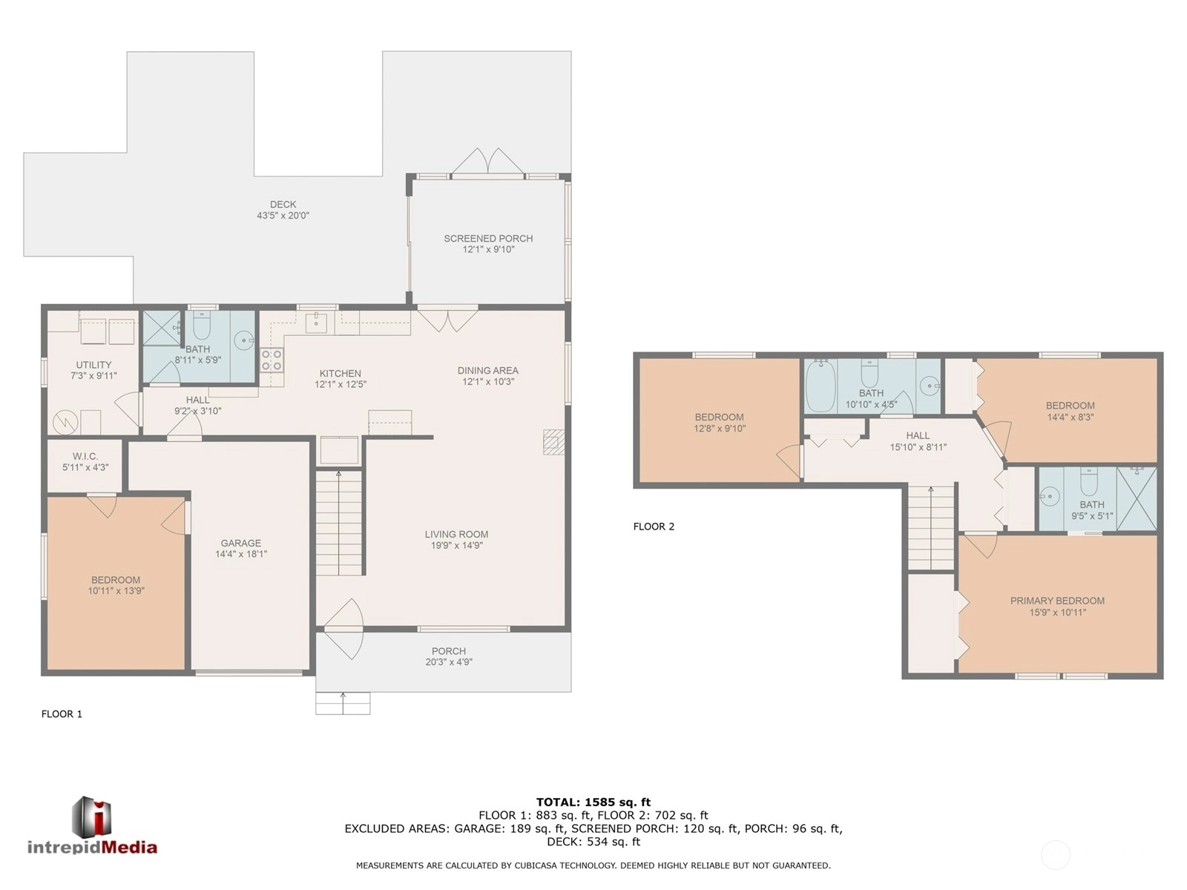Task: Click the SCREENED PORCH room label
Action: [487, 238]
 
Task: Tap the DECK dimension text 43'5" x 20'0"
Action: [283, 216]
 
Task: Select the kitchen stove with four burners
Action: [272, 360]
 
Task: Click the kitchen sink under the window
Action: [316, 323]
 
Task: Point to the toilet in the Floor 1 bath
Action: [201, 324]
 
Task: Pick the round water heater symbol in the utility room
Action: [65, 422]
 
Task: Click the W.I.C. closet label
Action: [85, 457]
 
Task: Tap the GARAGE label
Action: [240, 543]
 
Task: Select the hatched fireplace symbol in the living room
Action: [553, 442]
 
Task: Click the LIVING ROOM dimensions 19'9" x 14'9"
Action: [456, 545]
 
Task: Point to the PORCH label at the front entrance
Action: [448, 651]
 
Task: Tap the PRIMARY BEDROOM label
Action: [1057, 601]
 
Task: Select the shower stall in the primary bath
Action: [1136, 498]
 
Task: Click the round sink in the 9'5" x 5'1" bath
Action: [1050, 495]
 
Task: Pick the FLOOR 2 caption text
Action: [654, 527]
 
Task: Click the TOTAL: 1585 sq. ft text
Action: [593, 802]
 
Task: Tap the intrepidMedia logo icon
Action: [92, 817]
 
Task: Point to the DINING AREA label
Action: [487, 371]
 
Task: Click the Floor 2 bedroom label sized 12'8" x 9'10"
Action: [719, 417]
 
